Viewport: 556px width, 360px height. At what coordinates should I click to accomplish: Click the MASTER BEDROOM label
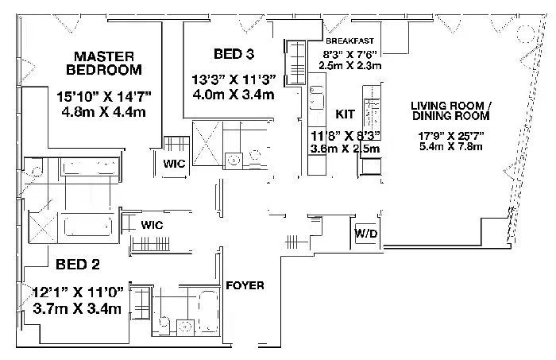click(104, 63)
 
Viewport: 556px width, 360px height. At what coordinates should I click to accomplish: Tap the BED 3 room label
click(234, 54)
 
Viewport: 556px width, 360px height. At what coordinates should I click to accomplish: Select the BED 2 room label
click(78, 264)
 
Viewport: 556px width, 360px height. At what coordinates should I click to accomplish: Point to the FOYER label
click(245, 285)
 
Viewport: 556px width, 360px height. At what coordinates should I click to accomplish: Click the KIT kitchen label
click(345, 114)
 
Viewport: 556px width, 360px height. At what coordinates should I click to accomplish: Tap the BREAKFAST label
click(349, 41)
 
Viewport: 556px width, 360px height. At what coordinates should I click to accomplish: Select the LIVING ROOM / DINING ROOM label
click(450, 110)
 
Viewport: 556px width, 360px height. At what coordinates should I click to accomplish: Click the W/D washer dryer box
click(366, 234)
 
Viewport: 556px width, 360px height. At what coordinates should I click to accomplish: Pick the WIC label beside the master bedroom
click(174, 164)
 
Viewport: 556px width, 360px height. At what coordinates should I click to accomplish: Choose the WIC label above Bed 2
click(152, 225)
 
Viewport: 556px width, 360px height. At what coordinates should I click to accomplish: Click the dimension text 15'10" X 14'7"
click(104, 96)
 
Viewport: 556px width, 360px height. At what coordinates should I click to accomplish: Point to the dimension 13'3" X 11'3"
click(234, 79)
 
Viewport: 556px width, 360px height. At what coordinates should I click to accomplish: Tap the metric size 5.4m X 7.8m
click(450, 146)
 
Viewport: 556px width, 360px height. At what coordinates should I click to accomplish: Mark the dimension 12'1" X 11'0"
click(78, 292)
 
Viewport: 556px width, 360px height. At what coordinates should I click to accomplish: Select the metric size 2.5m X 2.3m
click(350, 65)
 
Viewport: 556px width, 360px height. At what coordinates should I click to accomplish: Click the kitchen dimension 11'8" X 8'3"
click(345, 136)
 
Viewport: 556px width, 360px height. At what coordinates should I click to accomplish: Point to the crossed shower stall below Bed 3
click(207, 142)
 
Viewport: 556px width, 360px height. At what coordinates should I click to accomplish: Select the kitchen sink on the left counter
click(317, 99)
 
